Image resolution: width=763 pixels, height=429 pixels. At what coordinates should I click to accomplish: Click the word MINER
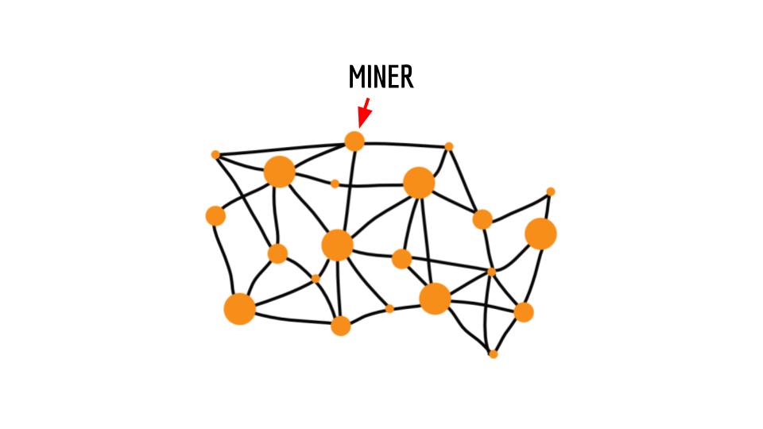(x=381, y=77)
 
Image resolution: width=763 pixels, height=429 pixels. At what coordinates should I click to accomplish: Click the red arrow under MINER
(x=364, y=113)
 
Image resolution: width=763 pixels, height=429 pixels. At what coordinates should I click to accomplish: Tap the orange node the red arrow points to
(x=354, y=141)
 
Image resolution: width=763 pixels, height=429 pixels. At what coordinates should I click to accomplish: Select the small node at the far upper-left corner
(x=215, y=155)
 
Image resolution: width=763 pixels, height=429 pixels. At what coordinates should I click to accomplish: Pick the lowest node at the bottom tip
(x=493, y=354)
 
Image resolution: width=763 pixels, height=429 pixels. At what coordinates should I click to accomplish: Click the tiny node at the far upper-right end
(x=550, y=191)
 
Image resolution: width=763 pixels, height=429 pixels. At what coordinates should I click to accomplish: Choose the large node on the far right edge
(x=540, y=234)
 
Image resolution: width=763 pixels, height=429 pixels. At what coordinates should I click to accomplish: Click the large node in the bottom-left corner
(x=239, y=309)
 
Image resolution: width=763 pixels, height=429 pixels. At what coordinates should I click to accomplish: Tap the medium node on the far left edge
(x=215, y=216)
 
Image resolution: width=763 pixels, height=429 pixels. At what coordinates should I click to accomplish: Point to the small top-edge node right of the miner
(x=448, y=146)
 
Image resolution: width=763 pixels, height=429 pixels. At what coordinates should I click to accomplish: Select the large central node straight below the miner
(x=337, y=245)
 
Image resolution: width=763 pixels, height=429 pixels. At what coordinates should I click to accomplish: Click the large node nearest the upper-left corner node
(x=279, y=172)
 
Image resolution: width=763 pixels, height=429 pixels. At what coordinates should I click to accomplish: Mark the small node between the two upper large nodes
(x=335, y=184)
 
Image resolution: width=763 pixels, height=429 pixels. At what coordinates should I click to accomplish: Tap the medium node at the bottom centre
(x=341, y=326)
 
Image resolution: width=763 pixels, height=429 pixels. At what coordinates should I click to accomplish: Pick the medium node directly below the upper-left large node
(x=277, y=253)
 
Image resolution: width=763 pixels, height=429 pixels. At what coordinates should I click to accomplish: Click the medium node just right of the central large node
(x=402, y=259)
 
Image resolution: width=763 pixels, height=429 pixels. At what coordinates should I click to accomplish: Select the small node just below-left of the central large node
(x=316, y=279)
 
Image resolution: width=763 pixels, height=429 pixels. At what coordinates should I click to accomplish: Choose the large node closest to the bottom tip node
(x=435, y=299)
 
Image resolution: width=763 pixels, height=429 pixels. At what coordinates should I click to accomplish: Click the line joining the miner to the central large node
(x=350, y=190)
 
